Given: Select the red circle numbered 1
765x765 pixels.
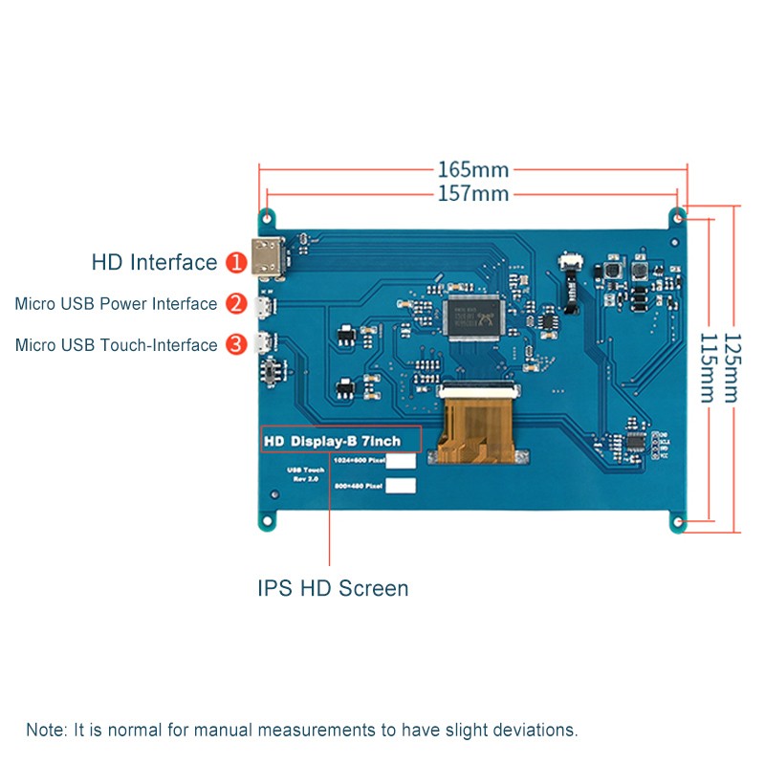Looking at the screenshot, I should (x=235, y=263).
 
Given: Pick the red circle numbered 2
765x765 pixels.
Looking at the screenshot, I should (x=235, y=304).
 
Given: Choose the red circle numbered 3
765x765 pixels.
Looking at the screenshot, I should (x=235, y=344).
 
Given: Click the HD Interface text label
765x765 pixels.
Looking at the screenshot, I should (x=154, y=262).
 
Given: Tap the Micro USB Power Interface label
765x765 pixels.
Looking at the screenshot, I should (x=116, y=304).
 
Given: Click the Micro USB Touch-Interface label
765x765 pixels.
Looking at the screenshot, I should (x=116, y=345).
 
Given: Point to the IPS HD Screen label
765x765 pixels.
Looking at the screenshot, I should (x=333, y=588).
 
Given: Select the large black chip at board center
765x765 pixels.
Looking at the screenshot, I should (x=475, y=317).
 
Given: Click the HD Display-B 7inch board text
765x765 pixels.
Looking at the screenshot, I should (x=341, y=440).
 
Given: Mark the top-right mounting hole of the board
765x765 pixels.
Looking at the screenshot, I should (x=678, y=215).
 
